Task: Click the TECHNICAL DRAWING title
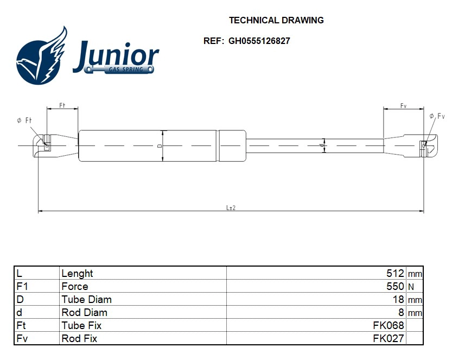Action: (276, 21)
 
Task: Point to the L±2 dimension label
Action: (231, 207)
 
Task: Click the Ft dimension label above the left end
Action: (62, 105)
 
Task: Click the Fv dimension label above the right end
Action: (404, 106)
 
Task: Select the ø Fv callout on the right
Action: (437, 116)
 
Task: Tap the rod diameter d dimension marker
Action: (323, 146)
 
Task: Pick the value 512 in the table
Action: (395, 274)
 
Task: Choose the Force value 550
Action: (395, 287)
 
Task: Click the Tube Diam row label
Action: (87, 300)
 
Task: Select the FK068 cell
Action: (388, 326)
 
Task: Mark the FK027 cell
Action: (388, 339)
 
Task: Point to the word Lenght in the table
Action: (78, 274)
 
